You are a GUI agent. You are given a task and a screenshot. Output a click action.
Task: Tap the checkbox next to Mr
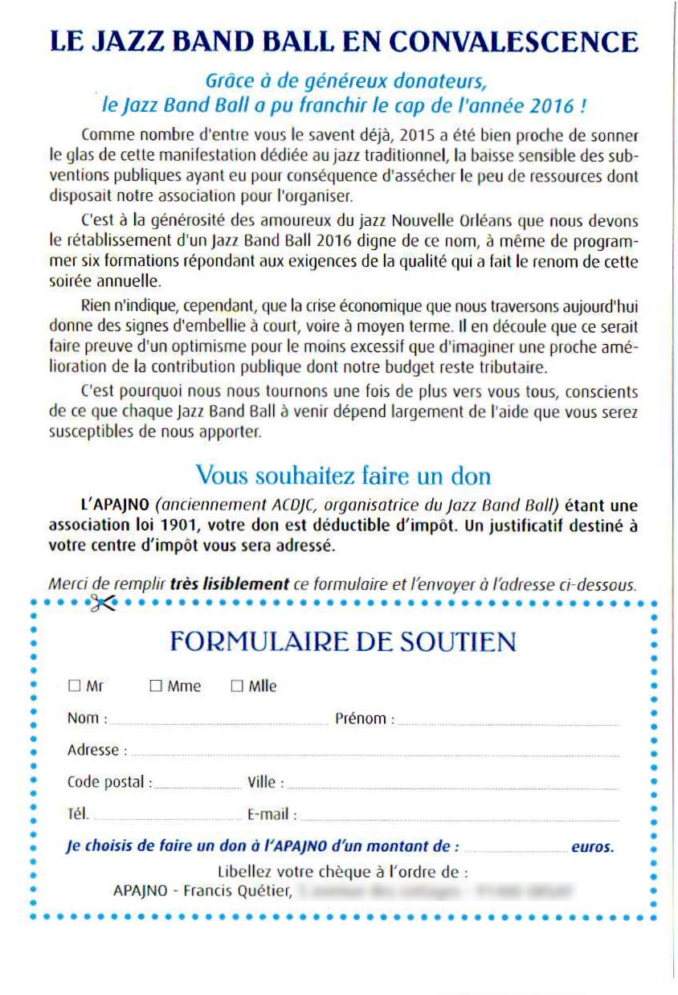[x=75, y=686]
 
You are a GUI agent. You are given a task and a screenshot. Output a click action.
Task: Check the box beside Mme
[x=156, y=686]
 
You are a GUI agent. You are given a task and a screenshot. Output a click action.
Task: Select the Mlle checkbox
[x=237, y=686]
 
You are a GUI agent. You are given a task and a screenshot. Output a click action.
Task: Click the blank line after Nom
[x=217, y=723]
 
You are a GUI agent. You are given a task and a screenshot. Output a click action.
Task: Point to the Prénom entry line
[x=508, y=723]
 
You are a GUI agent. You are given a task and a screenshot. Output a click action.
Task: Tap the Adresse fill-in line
[x=374, y=754]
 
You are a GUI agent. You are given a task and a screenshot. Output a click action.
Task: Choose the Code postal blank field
[x=196, y=786]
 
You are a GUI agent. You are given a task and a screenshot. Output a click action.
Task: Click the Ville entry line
[x=451, y=786]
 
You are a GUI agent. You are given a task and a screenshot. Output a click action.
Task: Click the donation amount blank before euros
[x=515, y=848]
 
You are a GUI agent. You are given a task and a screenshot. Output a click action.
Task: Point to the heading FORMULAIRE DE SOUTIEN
[x=343, y=641]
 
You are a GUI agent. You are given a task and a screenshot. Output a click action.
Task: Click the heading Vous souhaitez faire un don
[x=343, y=475]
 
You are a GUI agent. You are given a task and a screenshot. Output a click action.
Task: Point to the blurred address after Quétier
[x=434, y=891]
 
